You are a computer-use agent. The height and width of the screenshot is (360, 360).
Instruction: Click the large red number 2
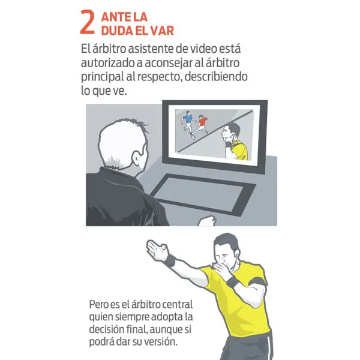pos(88,22)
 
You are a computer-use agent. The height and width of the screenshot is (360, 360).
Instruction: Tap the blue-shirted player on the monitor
pos(189,122)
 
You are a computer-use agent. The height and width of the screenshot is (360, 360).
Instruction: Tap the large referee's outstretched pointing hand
pos(155,251)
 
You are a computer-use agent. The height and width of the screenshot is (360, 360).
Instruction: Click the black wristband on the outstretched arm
pos(170,261)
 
